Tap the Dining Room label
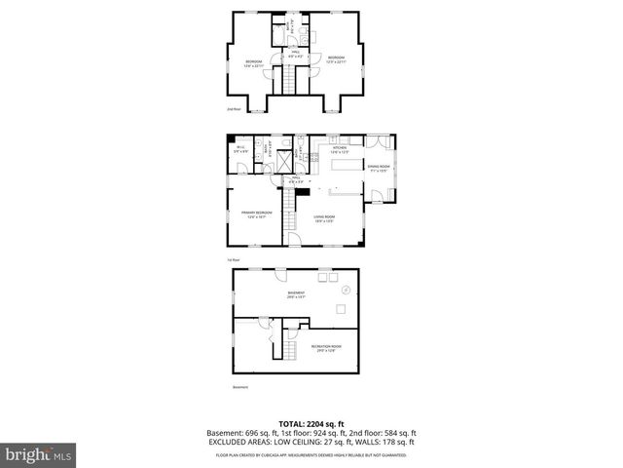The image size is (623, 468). click(x=378, y=169)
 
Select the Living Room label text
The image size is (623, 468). click(x=323, y=218)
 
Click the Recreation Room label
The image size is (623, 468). click(x=325, y=348)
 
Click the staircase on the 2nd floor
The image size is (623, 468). click(x=288, y=82)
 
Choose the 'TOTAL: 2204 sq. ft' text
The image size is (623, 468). click(x=311, y=423)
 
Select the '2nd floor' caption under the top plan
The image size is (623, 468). click(x=234, y=109)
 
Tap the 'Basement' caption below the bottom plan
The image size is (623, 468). click(x=239, y=387)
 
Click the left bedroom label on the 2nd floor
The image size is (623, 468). click(x=253, y=61)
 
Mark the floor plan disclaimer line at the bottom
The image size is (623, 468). click(x=311, y=453)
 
